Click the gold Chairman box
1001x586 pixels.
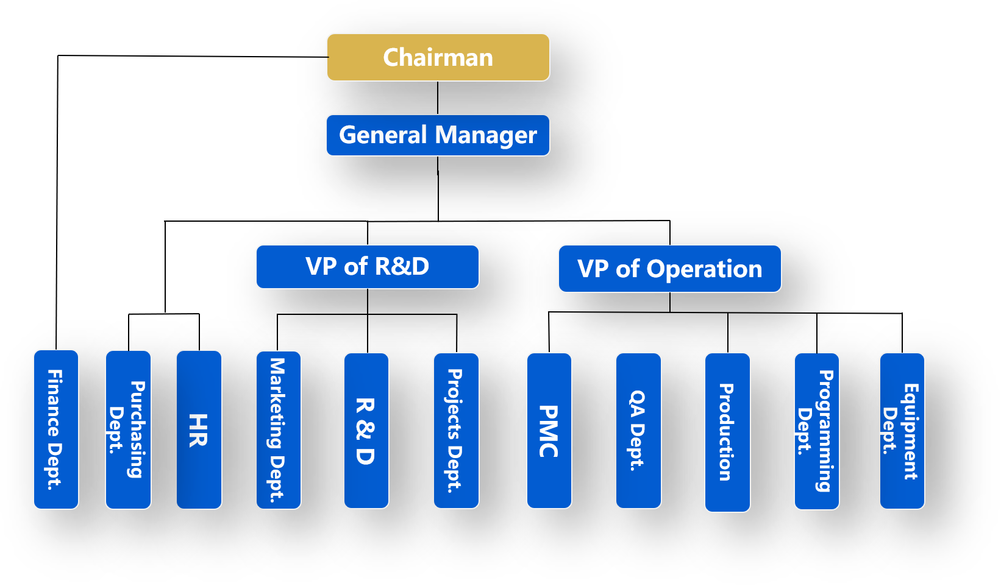pyautogui.click(x=438, y=57)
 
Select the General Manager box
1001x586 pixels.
pyautogui.click(x=438, y=135)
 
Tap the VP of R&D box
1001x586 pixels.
pyautogui.click(x=367, y=267)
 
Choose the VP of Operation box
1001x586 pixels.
pyautogui.click(x=669, y=269)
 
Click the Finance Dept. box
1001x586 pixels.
pyautogui.click(x=55, y=429)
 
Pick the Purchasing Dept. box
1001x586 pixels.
pyautogui.click(x=128, y=429)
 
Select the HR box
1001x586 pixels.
pyautogui.click(x=199, y=429)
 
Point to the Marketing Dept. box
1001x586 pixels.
pyautogui.click(x=278, y=429)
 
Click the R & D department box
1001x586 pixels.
pyautogui.click(x=366, y=430)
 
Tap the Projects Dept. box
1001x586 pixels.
pyautogui.click(x=456, y=430)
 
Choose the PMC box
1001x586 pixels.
pyautogui.click(x=549, y=430)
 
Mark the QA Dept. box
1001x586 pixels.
pyautogui.click(x=638, y=430)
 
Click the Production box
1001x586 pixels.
pyautogui.click(x=727, y=432)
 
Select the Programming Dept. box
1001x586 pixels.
pyautogui.click(x=816, y=431)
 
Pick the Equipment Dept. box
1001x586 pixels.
pyautogui.click(x=902, y=431)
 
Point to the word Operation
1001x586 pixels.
pyautogui.click(x=704, y=269)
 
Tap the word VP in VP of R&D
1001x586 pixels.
pyautogui.click(x=321, y=267)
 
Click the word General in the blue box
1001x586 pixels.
pyautogui.click(x=383, y=135)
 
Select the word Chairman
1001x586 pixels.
pyautogui.click(x=438, y=57)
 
